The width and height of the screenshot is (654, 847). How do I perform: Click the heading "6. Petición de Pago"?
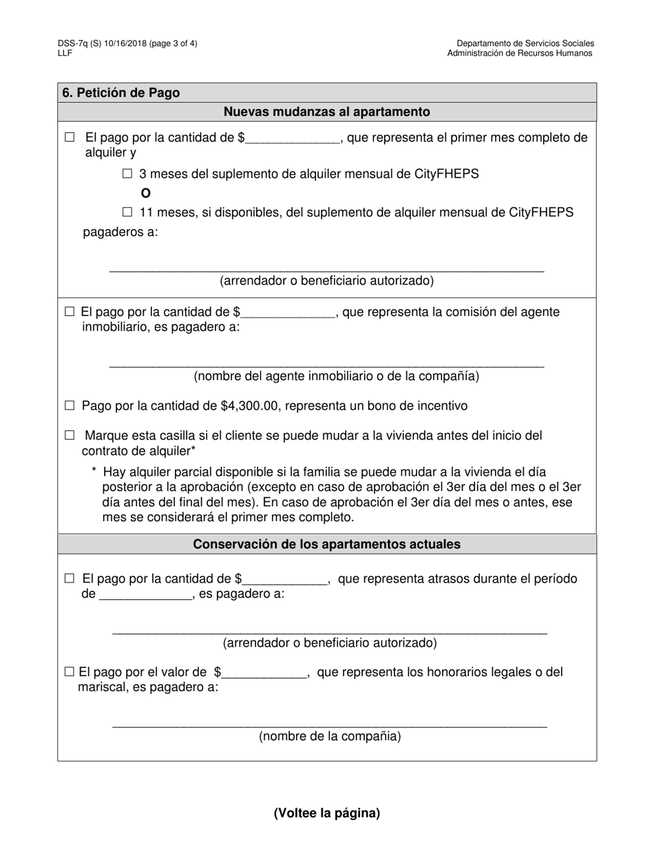pyautogui.click(x=121, y=93)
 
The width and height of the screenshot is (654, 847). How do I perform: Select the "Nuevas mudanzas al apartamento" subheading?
pyautogui.click(x=327, y=112)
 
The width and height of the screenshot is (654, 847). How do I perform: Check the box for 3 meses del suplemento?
pyautogui.click(x=127, y=174)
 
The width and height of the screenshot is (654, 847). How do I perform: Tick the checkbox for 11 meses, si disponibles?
pyautogui.click(x=127, y=213)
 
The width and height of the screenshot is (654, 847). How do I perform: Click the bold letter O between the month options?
pyautogui.click(x=146, y=194)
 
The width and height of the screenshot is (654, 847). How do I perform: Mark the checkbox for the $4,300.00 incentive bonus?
pyautogui.click(x=70, y=406)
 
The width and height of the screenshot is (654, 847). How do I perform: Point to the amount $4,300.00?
pyautogui.click(x=250, y=406)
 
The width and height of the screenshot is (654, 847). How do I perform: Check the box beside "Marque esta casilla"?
pyautogui.click(x=70, y=435)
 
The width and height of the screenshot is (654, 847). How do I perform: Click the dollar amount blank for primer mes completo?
pyautogui.click(x=293, y=138)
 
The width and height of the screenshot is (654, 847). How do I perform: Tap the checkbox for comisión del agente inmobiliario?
pyautogui.click(x=70, y=312)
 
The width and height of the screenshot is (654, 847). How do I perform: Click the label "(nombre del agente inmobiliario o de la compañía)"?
pyautogui.click(x=337, y=376)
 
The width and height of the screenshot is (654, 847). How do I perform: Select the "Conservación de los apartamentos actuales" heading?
pyautogui.click(x=327, y=544)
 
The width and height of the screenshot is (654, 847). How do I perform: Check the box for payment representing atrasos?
pyautogui.click(x=70, y=579)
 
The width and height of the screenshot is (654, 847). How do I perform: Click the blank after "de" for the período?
pyautogui.click(x=146, y=594)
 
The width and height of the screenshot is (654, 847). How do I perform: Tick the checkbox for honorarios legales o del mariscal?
pyautogui.click(x=69, y=672)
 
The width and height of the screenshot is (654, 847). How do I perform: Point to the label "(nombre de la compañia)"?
pyautogui.click(x=330, y=736)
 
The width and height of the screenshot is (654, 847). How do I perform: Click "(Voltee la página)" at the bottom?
pyautogui.click(x=327, y=813)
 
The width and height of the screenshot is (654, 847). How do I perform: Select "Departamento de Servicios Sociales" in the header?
pyautogui.click(x=525, y=43)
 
